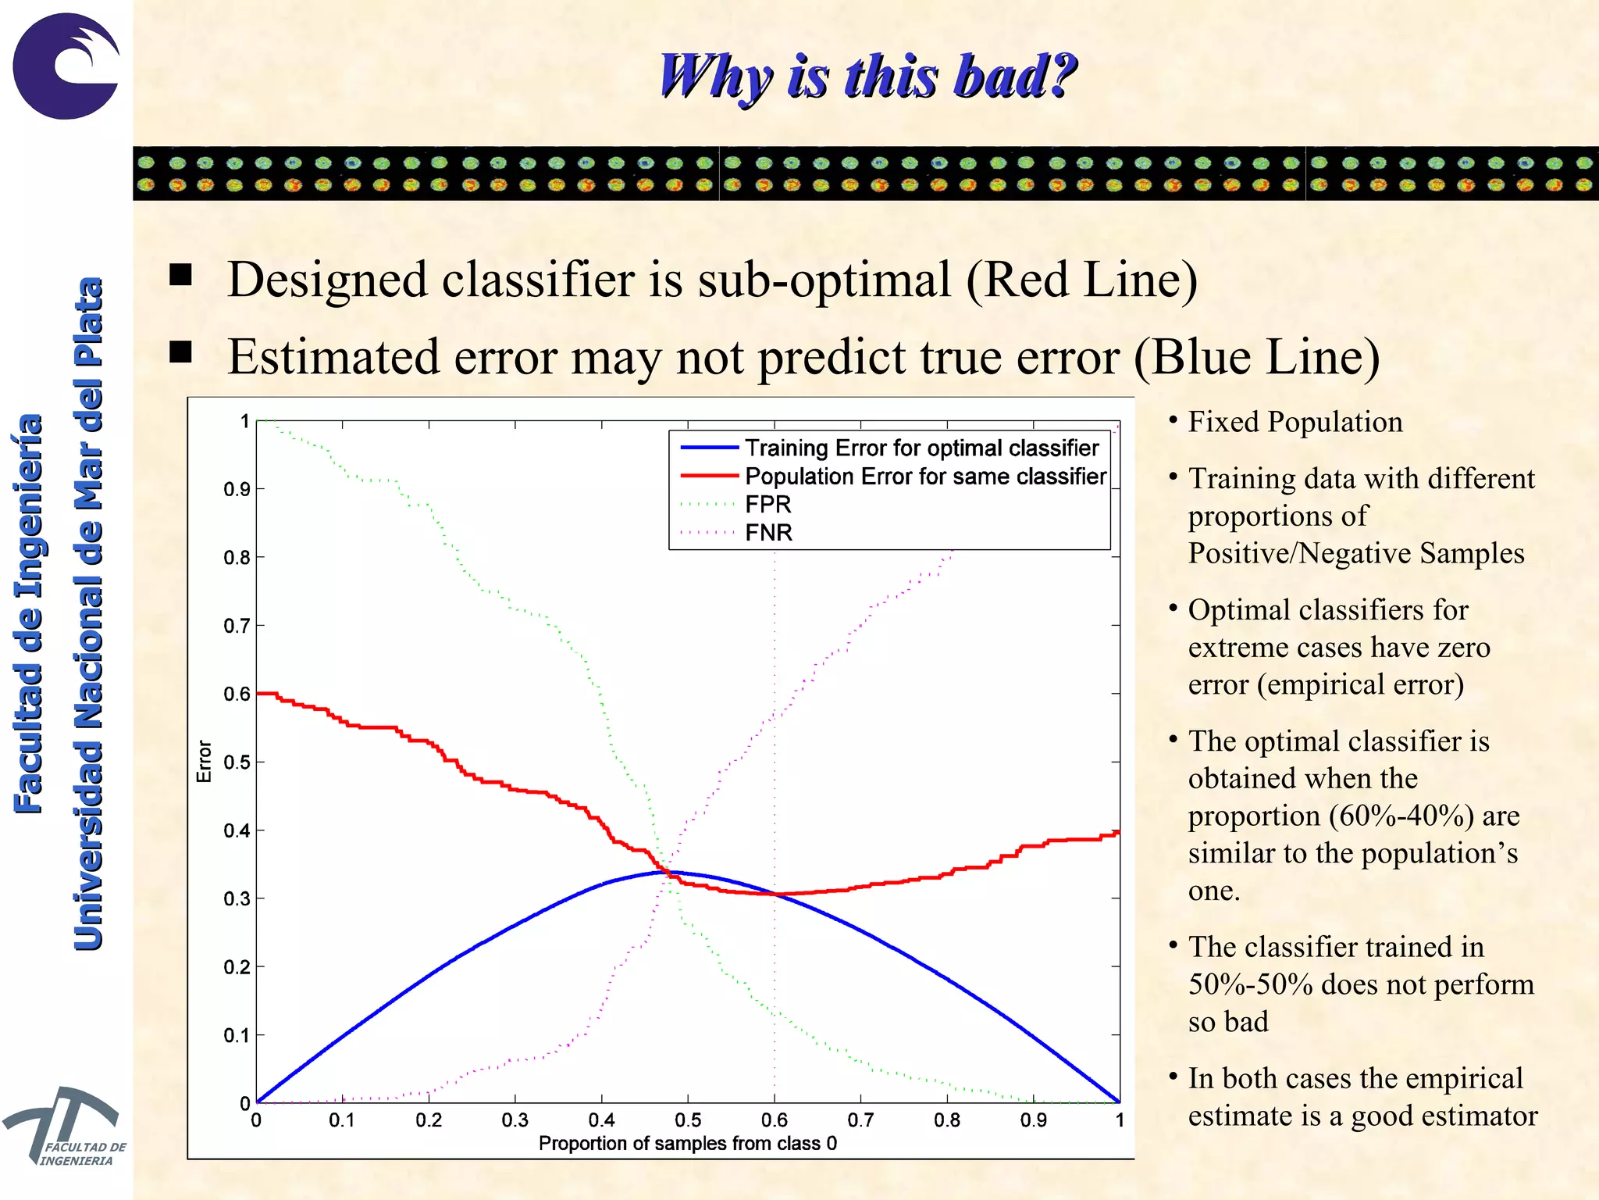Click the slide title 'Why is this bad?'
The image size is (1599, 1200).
pos(867,76)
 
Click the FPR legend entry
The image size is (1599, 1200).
pos(767,504)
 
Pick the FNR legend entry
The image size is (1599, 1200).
pos(768,532)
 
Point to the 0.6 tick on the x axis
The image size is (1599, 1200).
pos(774,1120)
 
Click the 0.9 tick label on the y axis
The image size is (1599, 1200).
pos(237,489)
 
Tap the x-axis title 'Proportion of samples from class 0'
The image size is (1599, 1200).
pos(687,1143)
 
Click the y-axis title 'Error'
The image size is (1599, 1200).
pos(204,761)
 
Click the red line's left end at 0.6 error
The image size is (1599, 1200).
pos(259,693)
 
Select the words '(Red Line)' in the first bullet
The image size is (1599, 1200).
pos(1081,280)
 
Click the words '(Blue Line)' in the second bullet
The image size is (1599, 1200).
pos(1256,357)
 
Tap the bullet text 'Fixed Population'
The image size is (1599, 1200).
pos(1295,422)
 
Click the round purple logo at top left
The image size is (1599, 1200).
pos(66,66)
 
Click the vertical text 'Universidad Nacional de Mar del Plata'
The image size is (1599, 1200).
pos(88,613)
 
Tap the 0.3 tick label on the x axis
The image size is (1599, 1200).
pos(515,1120)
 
